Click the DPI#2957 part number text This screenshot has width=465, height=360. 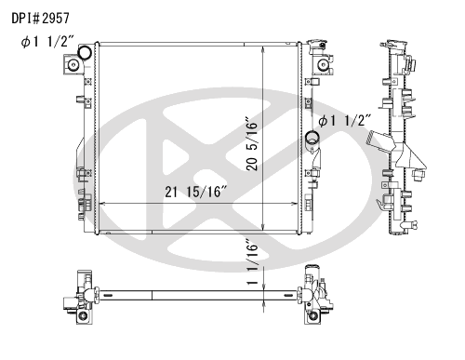click(x=41, y=19)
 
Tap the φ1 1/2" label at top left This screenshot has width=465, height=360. click(x=47, y=41)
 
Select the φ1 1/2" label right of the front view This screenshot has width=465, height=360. click(x=345, y=121)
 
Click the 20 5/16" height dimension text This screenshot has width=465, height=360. click(x=252, y=143)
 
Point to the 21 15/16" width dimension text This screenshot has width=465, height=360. click(x=196, y=192)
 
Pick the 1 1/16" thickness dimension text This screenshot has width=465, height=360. click(x=252, y=262)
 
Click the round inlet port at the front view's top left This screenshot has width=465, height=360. click(x=85, y=52)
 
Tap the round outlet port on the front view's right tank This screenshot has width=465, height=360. click(x=312, y=138)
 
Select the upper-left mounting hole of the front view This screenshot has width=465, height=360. click(x=73, y=65)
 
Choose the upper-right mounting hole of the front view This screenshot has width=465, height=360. click(x=324, y=65)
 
